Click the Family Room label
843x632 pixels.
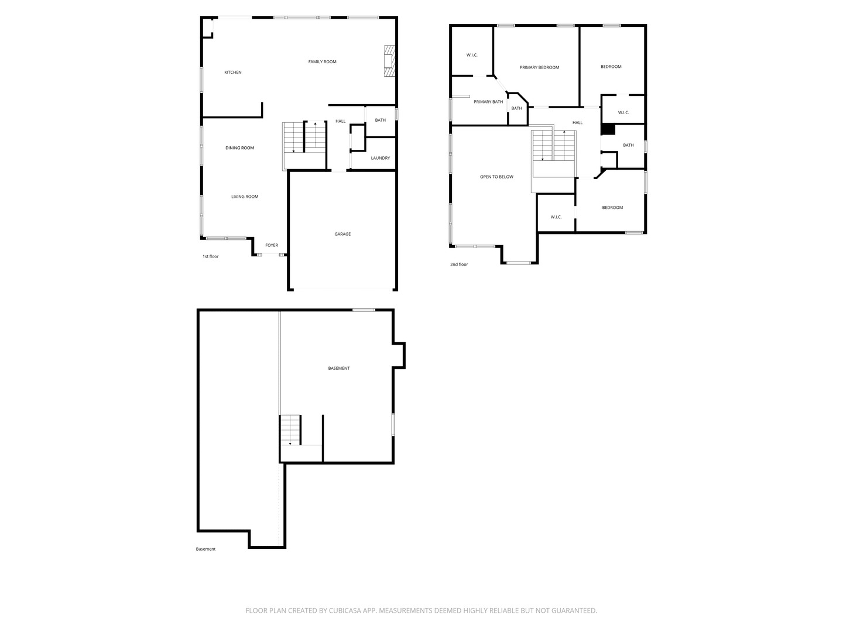click(322, 62)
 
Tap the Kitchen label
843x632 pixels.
click(233, 73)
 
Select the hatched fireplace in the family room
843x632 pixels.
click(389, 61)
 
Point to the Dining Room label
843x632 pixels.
click(239, 148)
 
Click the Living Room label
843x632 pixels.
click(245, 197)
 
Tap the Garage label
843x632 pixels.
click(342, 234)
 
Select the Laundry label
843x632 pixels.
click(380, 158)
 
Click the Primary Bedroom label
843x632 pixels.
click(539, 67)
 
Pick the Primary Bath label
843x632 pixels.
click(488, 102)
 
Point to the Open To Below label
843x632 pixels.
click(496, 177)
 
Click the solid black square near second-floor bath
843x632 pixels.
click(608, 129)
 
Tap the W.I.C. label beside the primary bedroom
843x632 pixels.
click(472, 55)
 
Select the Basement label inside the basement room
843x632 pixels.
click(338, 369)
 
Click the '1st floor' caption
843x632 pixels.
click(211, 256)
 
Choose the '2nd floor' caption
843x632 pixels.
click(459, 265)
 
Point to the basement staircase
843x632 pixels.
click(290, 430)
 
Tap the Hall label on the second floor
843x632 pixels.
click(577, 123)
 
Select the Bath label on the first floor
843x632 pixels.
click(380, 121)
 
